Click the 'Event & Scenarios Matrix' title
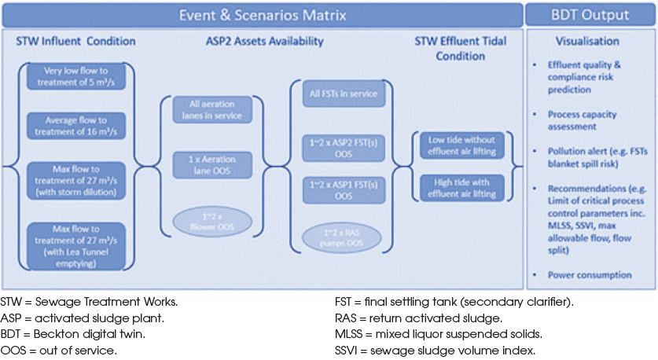(x=262, y=14)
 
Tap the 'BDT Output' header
(x=590, y=14)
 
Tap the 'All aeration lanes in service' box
(x=210, y=109)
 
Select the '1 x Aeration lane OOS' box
(x=210, y=165)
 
